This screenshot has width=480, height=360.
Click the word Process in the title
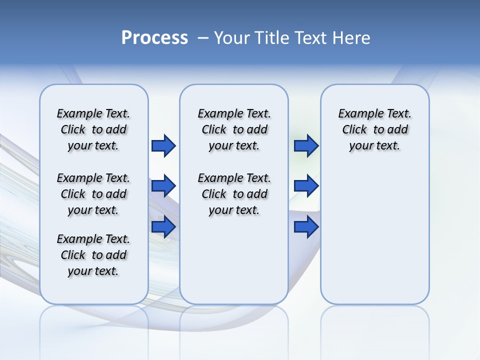pyautogui.click(x=154, y=37)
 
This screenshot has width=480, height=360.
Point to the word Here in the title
pyautogui.click(x=352, y=38)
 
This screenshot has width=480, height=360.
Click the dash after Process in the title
pyautogui.click(x=203, y=38)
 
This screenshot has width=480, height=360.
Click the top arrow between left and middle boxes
pyautogui.click(x=163, y=146)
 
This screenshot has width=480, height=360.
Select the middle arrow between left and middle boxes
pyautogui.click(x=163, y=186)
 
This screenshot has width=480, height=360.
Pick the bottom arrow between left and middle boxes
pyautogui.click(x=163, y=226)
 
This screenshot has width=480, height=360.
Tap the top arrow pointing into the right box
pyautogui.click(x=306, y=146)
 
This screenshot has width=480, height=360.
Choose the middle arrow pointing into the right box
pyautogui.click(x=306, y=186)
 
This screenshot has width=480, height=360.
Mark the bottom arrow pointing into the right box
pyautogui.click(x=306, y=226)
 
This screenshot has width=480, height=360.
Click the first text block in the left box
pyautogui.click(x=93, y=129)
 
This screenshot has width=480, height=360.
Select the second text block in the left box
pyautogui.click(x=93, y=194)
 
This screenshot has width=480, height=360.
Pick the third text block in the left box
pyautogui.click(x=93, y=255)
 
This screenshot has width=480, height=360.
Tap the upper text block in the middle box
pyautogui.click(x=234, y=129)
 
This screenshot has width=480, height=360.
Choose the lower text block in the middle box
pyautogui.click(x=234, y=194)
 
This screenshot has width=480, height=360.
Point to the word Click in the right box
pyautogui.click(x=354, y=130)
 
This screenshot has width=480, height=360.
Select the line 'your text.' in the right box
pyautogui.click(x=374, y=146)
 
